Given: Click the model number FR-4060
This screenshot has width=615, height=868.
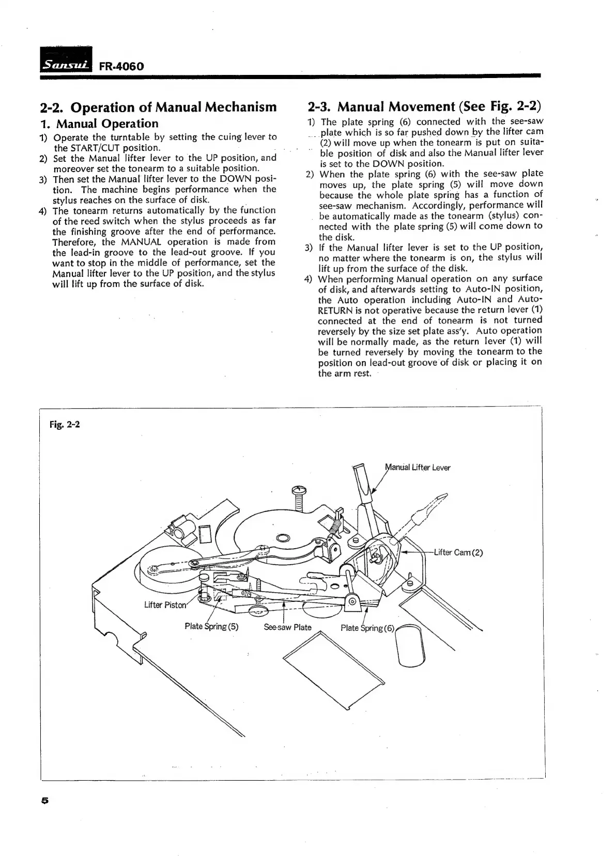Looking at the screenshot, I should point(118,67).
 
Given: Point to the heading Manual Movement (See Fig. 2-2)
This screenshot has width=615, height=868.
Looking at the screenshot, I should point(424,107).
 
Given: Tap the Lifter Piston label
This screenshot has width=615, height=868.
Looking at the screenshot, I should point(164,605).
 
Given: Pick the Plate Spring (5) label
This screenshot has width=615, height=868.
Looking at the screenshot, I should point(211,627).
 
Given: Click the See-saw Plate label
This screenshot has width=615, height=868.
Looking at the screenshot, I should point(287,628).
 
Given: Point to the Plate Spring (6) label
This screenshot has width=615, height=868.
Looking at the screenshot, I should point(367,628).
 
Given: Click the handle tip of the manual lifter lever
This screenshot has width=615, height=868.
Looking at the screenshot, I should point(360,471).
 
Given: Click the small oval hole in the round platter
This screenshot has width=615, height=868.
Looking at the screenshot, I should point(284,538).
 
